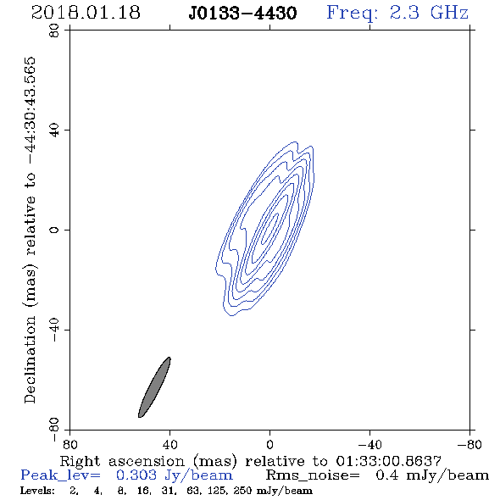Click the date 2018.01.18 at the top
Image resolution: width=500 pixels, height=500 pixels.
point(86,13)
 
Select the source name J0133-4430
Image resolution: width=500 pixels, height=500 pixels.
point(242,14)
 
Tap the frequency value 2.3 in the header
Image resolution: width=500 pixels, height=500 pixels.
point(404,13)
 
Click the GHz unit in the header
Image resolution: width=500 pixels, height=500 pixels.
point(449,13)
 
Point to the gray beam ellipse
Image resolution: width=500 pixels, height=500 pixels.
point(154,387)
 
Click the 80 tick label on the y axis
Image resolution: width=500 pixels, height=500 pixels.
point(54,31)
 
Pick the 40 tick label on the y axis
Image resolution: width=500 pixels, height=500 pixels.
point(54,131)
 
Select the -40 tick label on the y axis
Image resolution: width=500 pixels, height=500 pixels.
point(54,330)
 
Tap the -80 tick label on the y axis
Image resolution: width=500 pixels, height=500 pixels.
point(54,430)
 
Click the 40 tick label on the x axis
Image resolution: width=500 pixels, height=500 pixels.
point(169,445)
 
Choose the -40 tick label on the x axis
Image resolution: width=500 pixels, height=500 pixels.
point(369,445)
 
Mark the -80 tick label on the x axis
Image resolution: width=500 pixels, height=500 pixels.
point(469,445)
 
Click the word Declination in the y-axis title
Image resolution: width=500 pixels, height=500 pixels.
point(30,359)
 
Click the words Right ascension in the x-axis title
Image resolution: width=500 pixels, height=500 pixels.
point(122,461)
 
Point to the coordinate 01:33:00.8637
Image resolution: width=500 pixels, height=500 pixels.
point(388,461)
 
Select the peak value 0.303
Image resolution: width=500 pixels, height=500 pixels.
point(136,475)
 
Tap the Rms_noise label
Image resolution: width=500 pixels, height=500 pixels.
point(313,475)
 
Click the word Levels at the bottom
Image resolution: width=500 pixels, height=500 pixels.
point(37,491)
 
